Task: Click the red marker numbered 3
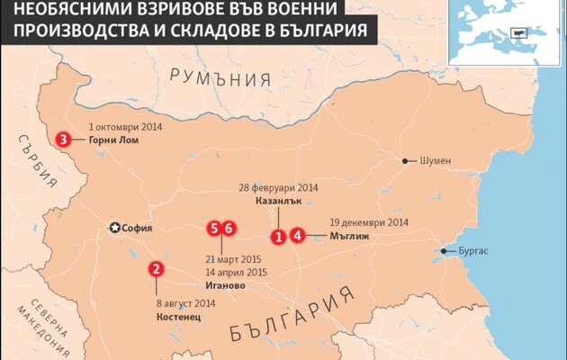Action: pos(63,139)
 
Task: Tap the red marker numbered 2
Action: pos(156,268)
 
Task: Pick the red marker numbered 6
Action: pos(229,229)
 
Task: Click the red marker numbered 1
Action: pos(280,237)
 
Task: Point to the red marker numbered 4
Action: pos(298,237)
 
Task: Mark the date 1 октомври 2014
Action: pos(125,127)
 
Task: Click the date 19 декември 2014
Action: pos(369,222)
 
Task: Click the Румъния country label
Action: pos(220,76)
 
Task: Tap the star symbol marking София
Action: pos(114,228)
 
